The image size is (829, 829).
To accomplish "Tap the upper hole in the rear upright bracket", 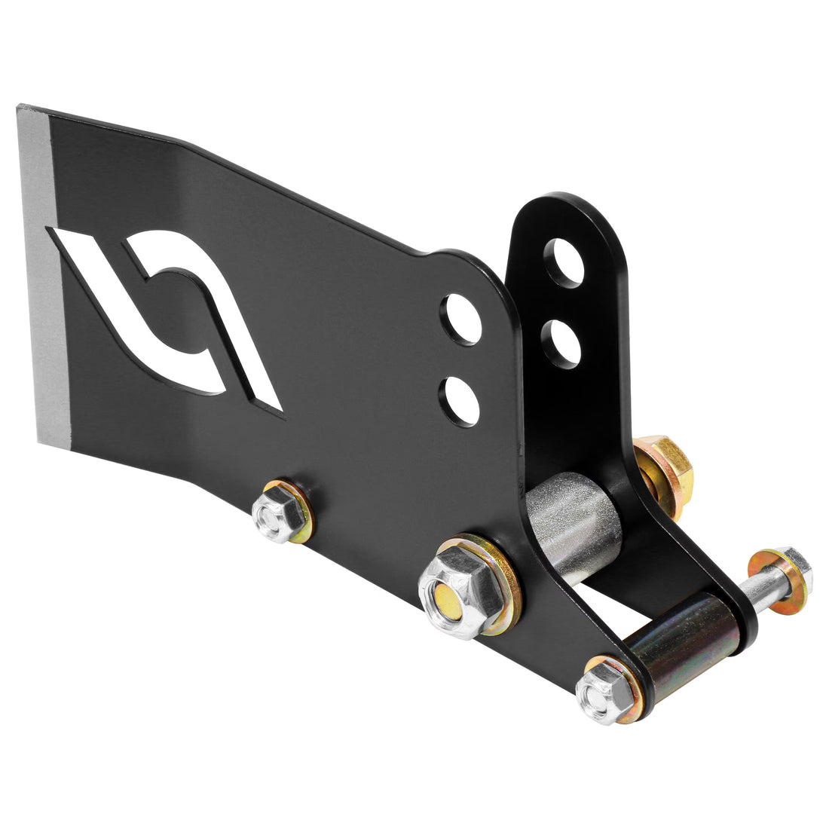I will [564, 262].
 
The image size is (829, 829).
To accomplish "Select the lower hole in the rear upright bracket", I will [560, 343].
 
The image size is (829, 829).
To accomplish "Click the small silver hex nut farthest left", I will [274, 515].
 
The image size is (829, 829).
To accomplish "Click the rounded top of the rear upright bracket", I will [565, 211].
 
